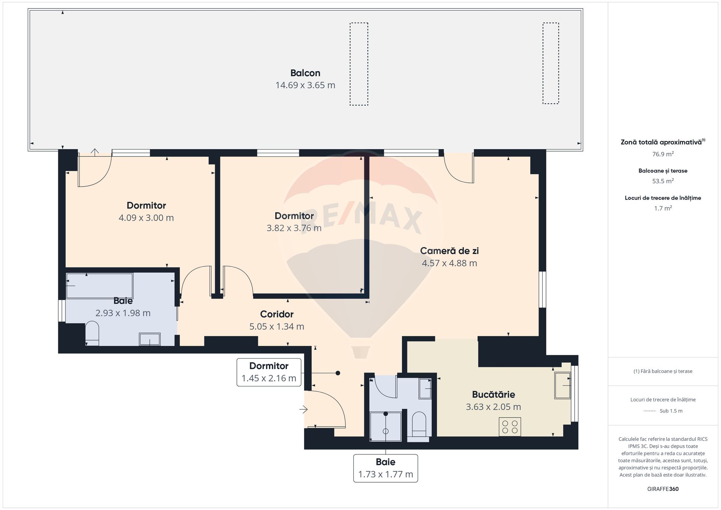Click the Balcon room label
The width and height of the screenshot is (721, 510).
305,73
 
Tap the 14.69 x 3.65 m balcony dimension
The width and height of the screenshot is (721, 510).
305,85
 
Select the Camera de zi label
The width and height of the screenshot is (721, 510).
449,250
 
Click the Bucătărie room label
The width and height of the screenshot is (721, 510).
493,394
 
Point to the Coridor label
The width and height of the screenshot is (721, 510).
277,314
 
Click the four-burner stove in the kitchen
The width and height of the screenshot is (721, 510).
510,427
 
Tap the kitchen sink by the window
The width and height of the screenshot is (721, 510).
563,385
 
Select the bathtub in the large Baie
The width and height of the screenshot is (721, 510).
100,285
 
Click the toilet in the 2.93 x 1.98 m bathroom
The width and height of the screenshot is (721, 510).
92,333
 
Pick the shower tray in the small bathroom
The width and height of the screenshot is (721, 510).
385,426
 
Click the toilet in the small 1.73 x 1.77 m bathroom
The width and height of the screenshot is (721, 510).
419,427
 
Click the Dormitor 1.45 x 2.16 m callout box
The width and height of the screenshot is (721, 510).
269,372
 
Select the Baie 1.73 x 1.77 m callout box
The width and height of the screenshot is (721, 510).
386,468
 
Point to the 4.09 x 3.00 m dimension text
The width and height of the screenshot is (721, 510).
146,218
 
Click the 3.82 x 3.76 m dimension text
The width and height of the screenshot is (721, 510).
294,228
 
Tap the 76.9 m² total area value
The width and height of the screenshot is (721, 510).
663,154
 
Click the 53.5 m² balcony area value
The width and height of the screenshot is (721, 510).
663,181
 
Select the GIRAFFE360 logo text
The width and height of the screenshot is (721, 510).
663,489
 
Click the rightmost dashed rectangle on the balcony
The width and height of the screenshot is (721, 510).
551,63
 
